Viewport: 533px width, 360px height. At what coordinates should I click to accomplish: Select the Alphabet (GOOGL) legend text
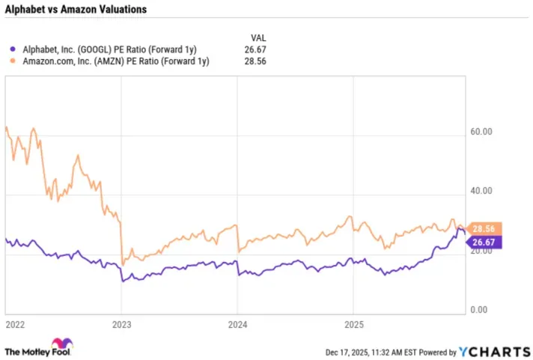pos(106,49)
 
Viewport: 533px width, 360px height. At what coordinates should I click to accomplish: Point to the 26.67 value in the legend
pos(255,49)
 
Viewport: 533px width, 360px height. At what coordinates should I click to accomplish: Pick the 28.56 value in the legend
pos(255,61)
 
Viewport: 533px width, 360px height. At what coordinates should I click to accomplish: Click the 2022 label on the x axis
pos(15,326)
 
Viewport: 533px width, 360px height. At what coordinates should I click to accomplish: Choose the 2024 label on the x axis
pos(237,326)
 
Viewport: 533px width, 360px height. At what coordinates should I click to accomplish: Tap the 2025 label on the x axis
pos(353,326)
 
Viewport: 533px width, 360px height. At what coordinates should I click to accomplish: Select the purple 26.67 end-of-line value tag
pos(486,242)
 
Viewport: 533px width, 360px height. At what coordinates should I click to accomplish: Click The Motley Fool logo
pos(39,350)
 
